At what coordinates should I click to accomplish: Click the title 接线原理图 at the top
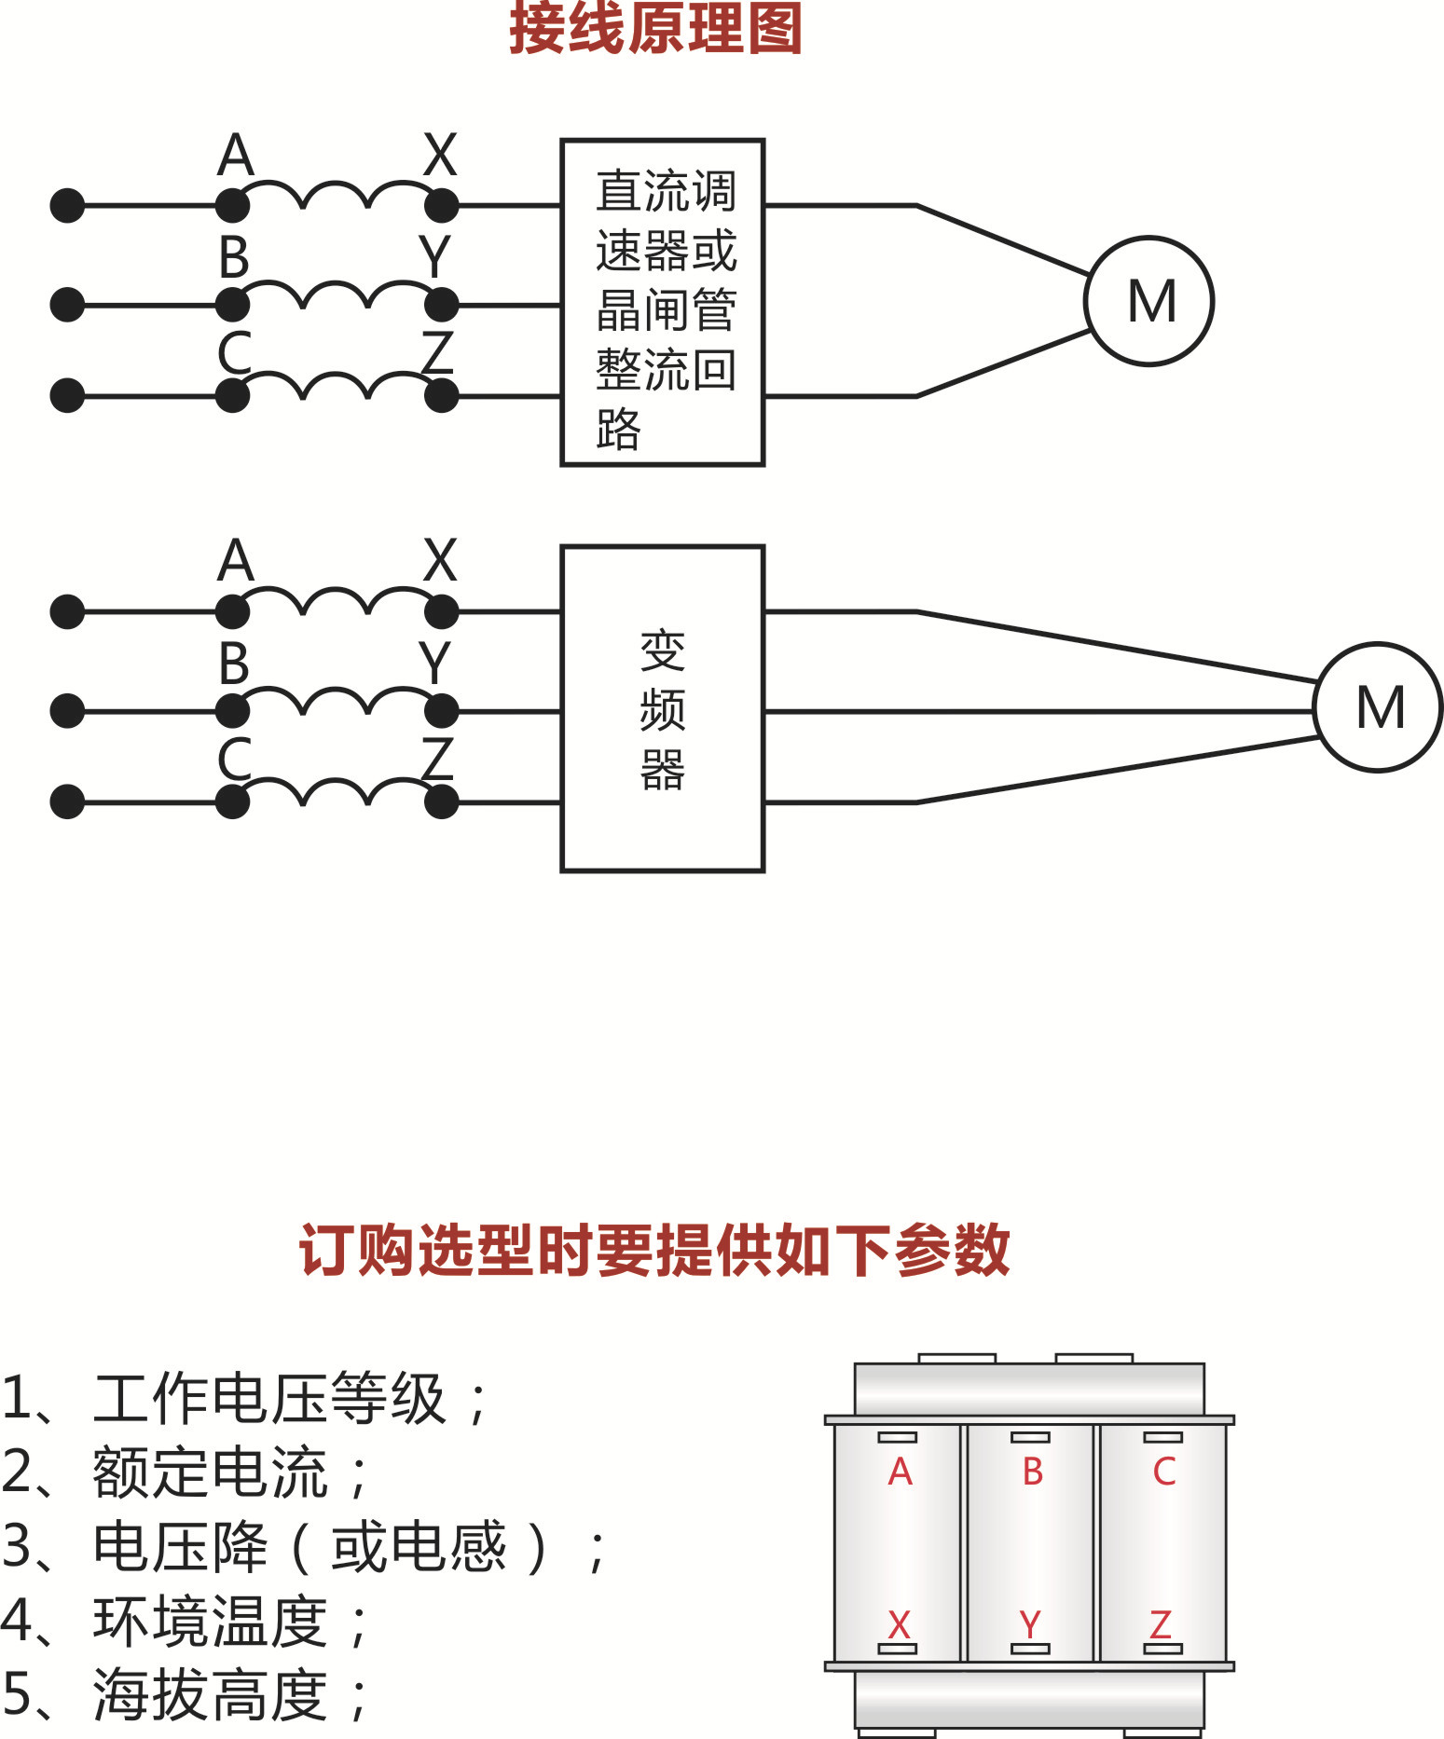pyautogui.click(x=655, y=28)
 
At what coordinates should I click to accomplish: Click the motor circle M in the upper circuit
pyautogui.click(x=1149, y=301)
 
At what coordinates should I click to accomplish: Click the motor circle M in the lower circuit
pyautogui.click(x=1378, y=707)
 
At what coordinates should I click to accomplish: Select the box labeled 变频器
pyautogui.click(x=662, y=709)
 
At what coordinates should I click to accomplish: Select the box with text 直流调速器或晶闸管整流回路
pyautogui.click(x=662, y=303)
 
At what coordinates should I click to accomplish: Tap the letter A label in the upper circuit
pyautogui.click(x=236, y=156)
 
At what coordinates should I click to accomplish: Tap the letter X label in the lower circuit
pyautogui.click(x=440, y=561)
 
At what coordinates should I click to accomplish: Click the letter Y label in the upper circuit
pyautogui.click(x=434, y=257)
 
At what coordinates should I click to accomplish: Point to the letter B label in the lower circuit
pyautogui.click(x=234, y=664)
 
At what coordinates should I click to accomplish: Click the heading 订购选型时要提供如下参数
pyautogui.click(x=654, y=1250)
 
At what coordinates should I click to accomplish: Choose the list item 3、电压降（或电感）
pyautogui.click(x=303, y=1547)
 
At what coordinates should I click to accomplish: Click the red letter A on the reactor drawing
pyautogui.click(x=900, y=1472)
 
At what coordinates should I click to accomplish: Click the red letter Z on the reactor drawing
pyautogui.click(x=1161, y=1625)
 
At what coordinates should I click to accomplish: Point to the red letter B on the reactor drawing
pyautogui.click(x=1032, y=1472)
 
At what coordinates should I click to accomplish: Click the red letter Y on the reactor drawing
pyautogui.click(x=1030, y=1625)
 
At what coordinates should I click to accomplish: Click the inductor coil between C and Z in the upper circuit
pyautogui.click(x=337, y=384)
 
